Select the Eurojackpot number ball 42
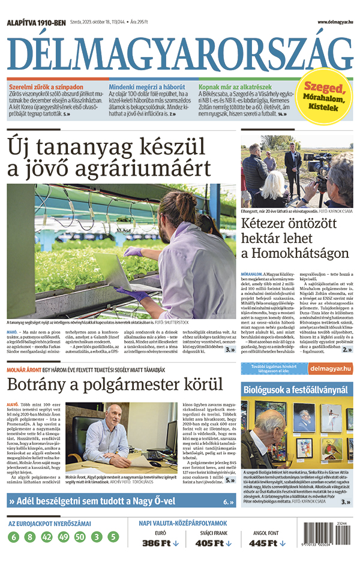pyautogui.click(x=47, y=537)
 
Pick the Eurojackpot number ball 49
pyautogui.click(x=64, y=537)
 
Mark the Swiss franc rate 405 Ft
pyautogui.click(x=213, y=543)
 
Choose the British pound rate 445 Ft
pyautogui.click(x=265, y=543)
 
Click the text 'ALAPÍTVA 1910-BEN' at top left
pyautogui.click(x=35, y=23)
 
